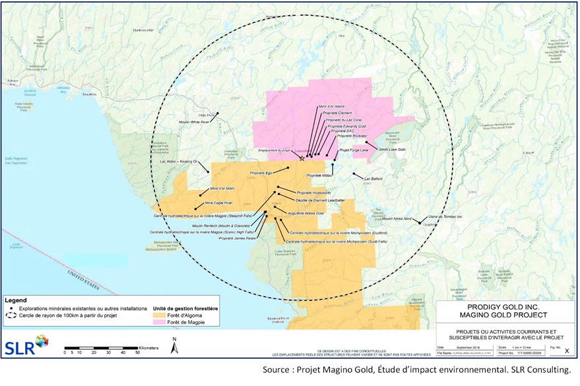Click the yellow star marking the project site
pyautogui.click(x=302, y=157)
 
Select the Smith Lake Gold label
pyautogui.click(x=392, y=150)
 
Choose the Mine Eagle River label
pyautogui.click(x=220, y=202)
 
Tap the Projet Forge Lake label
pyautogui.click(x=354, y=150)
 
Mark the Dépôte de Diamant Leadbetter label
pyautogui.click(x=321, y=199)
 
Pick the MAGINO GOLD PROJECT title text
pyautogui.click(x=505, y=314)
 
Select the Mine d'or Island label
pyautogui.click(x=331, y=106)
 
